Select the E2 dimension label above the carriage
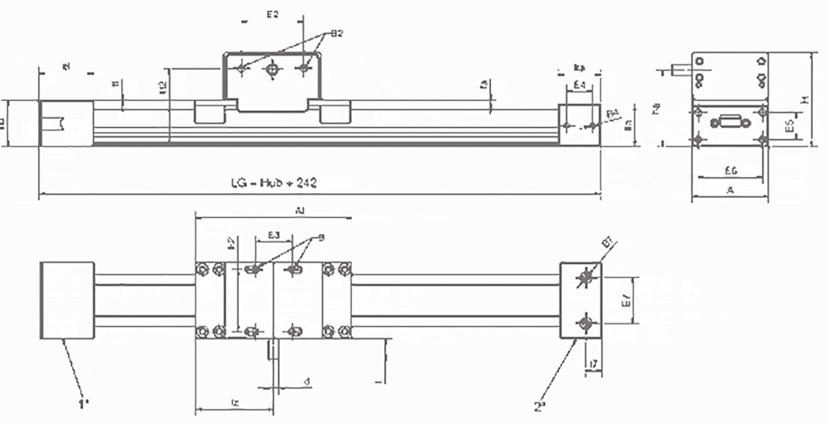tap(272, 13)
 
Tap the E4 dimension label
tap(579, 85)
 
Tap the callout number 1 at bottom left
tap(84, 405)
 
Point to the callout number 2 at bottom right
tap(539, 406)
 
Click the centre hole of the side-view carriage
tap(273, 68)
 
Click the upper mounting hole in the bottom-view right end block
tap(585, 277)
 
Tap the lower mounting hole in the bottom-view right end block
tap(585, 324)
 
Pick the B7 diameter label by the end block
tap(607, 243)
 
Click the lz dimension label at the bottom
tap(233, 403)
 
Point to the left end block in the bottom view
tap(68, 301)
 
